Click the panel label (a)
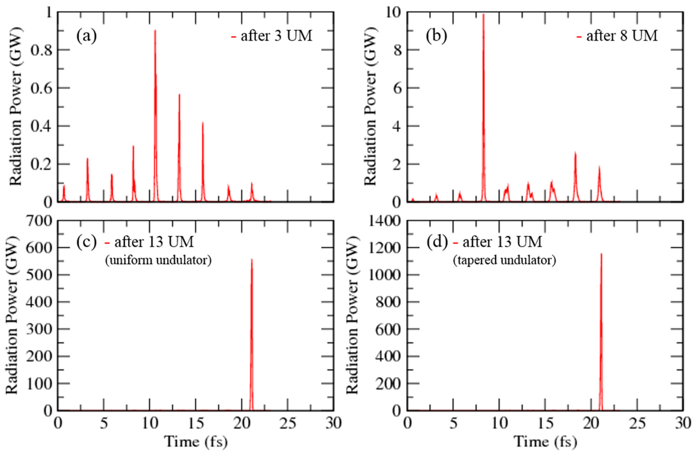[86, 36]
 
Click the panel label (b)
[436, 36]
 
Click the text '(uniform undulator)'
[158, 260]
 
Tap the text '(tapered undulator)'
[504, 260]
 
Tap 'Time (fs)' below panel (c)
[195, 441]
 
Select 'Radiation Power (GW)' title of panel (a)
[16, 107]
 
